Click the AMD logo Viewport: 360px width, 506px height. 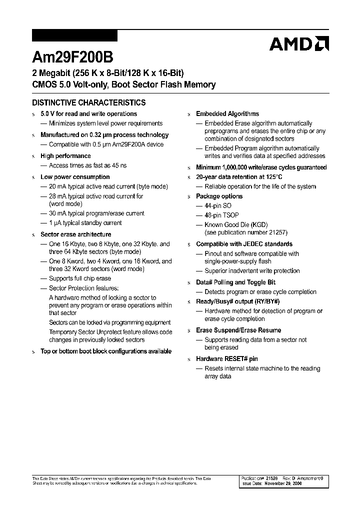point(298,44)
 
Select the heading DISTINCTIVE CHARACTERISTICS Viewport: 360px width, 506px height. point(89,102)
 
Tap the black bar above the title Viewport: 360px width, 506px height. point(74,36)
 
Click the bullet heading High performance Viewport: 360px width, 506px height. point(65,156)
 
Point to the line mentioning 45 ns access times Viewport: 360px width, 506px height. point(87,165)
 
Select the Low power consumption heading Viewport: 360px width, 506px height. point(74,177)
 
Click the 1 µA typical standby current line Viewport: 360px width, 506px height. point(85,223)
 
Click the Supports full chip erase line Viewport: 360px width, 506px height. point(80,278)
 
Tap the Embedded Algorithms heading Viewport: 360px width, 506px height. point(227,114)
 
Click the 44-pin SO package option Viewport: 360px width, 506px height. point(218,206)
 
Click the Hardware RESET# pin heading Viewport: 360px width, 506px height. point(226,359)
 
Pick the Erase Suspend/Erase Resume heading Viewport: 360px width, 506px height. point(238,330)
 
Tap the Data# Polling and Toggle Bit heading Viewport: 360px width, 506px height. point(235,282)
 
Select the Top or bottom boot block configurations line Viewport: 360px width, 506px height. point(105,351)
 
